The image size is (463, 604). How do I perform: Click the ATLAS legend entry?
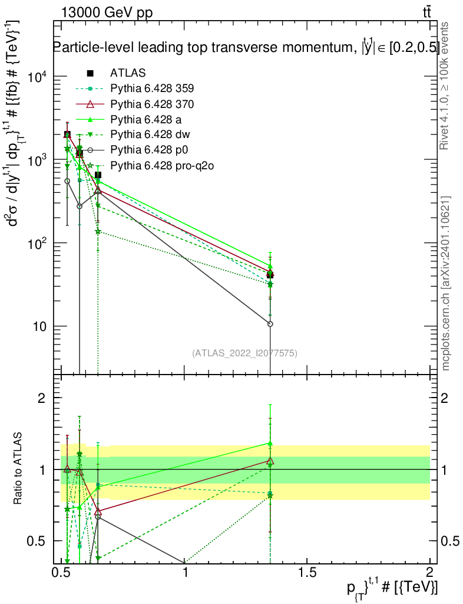click(128, 73)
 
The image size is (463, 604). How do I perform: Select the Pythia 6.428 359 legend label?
click(152, 88)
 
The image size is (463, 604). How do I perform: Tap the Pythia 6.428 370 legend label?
click(152, 104)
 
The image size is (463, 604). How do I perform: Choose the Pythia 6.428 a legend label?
click(145, 120)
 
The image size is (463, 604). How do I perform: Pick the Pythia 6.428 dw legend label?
click(150, 134)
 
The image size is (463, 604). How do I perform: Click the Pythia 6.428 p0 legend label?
click(149, 150)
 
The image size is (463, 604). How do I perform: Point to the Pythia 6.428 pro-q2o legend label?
click(162, 166)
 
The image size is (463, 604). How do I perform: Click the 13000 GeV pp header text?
click(107, 13)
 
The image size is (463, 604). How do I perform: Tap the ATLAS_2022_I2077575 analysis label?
click(244, 353)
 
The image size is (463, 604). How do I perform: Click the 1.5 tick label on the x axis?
click(307, 572)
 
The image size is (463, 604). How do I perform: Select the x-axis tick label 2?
click(429, 572)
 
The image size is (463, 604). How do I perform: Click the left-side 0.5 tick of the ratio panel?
click(36, 541)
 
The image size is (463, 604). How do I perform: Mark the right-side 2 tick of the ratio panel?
click(444, 398)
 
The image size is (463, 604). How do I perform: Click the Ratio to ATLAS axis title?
click(17, 468)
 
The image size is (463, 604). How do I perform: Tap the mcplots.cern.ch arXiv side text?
click(445, 284)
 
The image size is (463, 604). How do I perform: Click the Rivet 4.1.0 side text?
click(444, 86)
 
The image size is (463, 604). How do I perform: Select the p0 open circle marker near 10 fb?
click(270, 324)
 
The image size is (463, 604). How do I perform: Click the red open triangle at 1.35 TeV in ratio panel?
click(270, 461)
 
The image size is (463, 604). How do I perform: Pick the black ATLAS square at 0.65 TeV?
click(98, 175)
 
